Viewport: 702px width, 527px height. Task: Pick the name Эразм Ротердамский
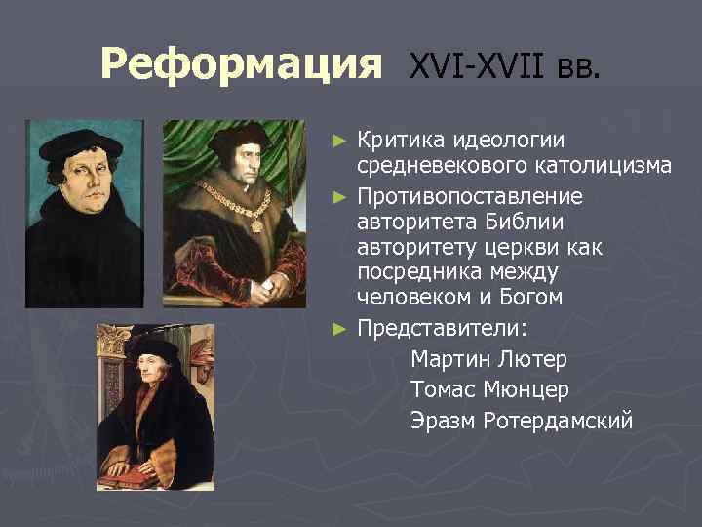(x=522, y=421)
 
